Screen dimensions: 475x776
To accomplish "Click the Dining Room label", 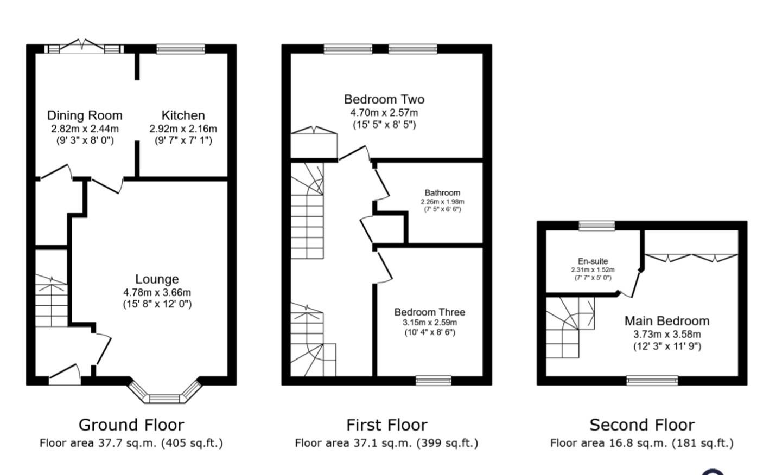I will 85,115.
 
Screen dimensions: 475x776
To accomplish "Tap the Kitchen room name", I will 183,115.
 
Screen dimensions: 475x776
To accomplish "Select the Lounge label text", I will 157,279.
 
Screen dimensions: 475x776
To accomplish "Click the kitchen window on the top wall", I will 181,49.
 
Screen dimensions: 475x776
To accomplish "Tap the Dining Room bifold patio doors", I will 83,48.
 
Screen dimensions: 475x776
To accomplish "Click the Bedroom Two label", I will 384,99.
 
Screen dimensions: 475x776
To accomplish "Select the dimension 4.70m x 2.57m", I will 384,113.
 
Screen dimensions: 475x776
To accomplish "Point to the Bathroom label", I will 442,192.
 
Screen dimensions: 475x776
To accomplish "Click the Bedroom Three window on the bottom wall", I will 433,381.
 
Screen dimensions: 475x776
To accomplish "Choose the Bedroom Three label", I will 429,312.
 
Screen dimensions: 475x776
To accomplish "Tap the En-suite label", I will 593,261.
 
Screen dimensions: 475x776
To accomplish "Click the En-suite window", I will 596,226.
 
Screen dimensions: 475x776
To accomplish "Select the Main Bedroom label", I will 667,321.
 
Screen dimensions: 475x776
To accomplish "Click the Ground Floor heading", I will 131,425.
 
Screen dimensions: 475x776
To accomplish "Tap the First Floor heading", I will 387,425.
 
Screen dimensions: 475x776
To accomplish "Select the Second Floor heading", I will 642,425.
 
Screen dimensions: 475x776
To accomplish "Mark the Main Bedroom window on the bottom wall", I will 652,381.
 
